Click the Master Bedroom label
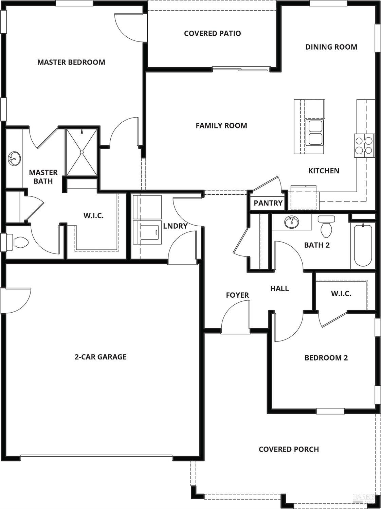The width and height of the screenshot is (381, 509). click(x=71, y=62)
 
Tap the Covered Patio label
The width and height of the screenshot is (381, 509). click(x=213, y=33)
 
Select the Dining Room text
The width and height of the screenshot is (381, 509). click(x=331, y=47)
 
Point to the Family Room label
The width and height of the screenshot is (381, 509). click(x=221, y=126)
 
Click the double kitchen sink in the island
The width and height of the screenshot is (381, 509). click(x=314, y=133)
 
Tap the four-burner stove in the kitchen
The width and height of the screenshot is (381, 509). click(x=364, y=145)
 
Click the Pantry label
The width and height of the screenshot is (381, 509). click(x=268, y=203)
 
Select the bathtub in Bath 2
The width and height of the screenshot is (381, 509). click(x=363, y=245)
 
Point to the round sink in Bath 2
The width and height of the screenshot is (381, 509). click(x=291, y=223)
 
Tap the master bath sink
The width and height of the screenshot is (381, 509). click(x=14, y=158)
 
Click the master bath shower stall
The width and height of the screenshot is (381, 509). click(x=82, y=152)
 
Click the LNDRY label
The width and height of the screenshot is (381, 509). click(x=175, y=226)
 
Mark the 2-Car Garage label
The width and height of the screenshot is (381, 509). click(x=101, y=357)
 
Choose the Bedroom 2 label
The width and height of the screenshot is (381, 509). click(x=326, y=358)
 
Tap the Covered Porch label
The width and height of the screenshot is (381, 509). click(x=289, y=449)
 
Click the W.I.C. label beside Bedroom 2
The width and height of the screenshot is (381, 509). click(x=341, y=294)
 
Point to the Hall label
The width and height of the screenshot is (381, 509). click(x=279, y=288)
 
